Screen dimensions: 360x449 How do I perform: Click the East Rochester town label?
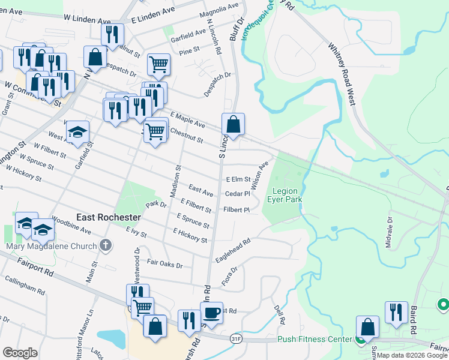coord(109,217)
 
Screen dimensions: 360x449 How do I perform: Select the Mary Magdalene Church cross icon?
coord(106,245)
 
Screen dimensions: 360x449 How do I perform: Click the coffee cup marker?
coord(211,313)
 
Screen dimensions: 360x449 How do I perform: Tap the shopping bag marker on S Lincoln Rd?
coord(234,124)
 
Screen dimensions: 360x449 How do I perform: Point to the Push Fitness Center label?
coord(314,340)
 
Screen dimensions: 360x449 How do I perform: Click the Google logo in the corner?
coord(20,353)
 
